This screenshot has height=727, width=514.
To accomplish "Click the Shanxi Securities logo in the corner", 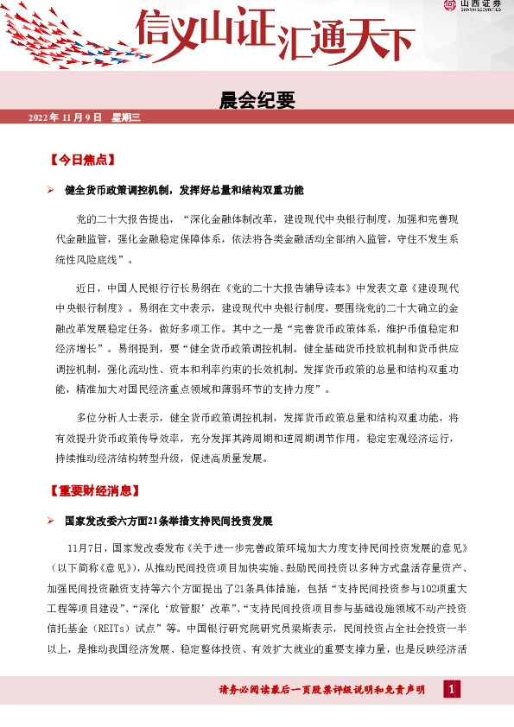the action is tap(474, 6).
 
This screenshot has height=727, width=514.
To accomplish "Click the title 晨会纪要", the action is tap(257, 100).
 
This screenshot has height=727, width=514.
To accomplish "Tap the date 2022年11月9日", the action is tap(65, 117).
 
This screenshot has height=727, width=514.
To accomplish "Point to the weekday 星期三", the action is tap(124, 117).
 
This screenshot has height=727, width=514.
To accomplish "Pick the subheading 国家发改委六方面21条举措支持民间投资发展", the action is tap(168, 522).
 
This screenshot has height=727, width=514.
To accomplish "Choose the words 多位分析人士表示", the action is tap(117, 416).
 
